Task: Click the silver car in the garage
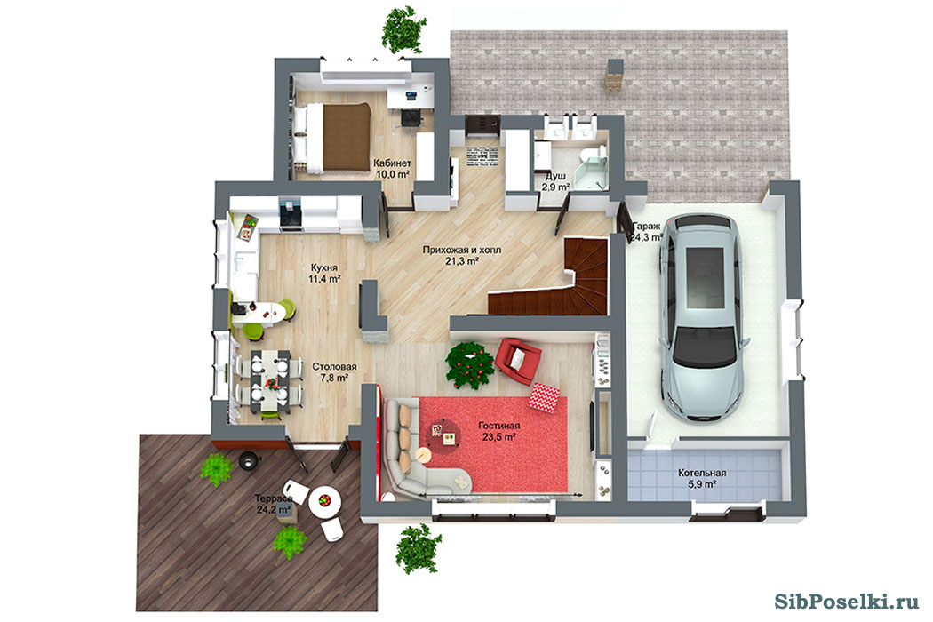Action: (703, 319)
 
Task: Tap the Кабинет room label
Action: (392, 163)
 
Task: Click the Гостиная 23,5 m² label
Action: (499, 431)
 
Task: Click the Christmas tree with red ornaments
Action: (470, 364)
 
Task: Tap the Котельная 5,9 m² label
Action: (702, 479)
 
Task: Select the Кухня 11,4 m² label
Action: (324, 273)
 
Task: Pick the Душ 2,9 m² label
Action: (555, 181)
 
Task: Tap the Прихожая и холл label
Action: (462, 250)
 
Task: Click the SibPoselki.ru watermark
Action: (847, 602)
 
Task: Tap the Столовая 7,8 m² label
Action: (334, 372)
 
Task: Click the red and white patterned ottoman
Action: (544, 397)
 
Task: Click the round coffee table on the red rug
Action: (443, 435)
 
